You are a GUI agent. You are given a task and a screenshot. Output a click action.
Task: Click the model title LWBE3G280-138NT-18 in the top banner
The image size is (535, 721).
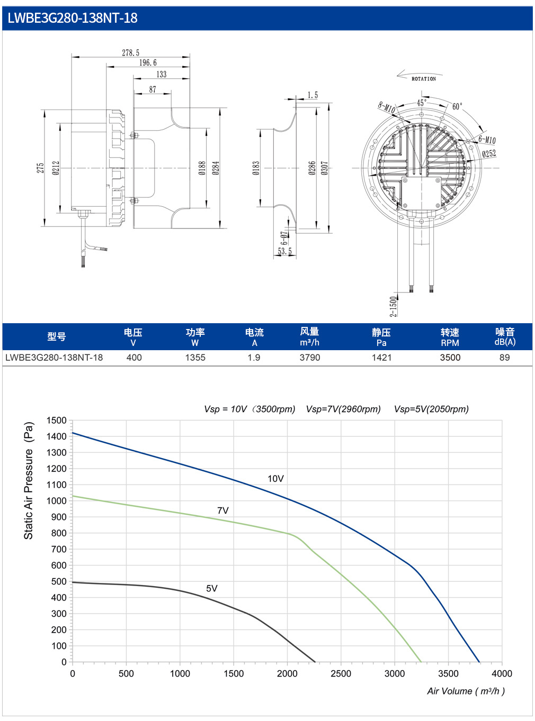[72, 18]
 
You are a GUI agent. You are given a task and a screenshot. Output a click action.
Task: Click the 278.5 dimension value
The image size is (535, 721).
[131, 53]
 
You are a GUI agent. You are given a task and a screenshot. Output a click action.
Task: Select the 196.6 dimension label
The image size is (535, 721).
[148, 62]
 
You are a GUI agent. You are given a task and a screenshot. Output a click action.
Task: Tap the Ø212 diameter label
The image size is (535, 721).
[56, 168]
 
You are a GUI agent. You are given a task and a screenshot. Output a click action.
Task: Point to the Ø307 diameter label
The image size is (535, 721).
[324, 168]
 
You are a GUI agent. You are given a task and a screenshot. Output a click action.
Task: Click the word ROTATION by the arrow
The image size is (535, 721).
[424, 79]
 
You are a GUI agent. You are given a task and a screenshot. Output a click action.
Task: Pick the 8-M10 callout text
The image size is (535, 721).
[387, 107]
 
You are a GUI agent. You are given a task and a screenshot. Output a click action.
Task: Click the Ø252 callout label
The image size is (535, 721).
[489, 153]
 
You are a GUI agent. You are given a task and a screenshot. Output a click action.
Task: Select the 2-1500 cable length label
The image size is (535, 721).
[394, 306]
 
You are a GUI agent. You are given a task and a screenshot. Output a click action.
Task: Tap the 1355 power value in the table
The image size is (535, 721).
[195, 358]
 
